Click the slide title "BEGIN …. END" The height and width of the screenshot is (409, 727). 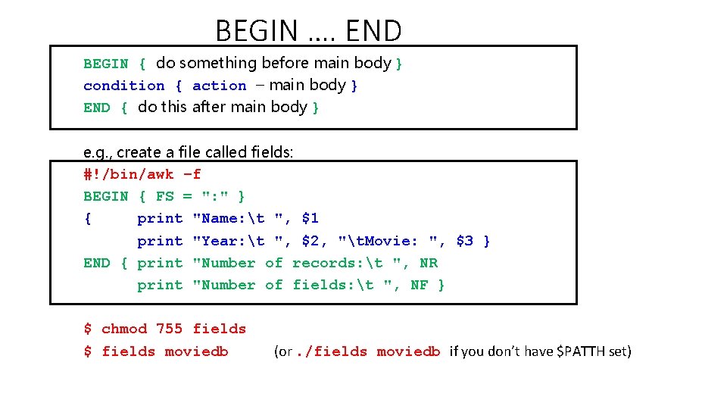point(308,30)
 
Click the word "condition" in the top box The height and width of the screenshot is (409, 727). point(123,86)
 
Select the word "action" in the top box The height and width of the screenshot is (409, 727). point(220,86)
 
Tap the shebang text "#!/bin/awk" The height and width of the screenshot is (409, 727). point(128,174)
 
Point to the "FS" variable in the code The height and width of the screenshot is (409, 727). point(164,196)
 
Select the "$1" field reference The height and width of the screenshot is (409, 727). point(310,219)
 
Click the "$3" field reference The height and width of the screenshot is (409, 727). point(464,241)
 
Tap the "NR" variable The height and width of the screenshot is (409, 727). point(429,263)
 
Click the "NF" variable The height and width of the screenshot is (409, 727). point(419,285)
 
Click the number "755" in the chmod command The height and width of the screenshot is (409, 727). point(169,329)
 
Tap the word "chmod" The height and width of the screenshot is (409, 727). point(123,329)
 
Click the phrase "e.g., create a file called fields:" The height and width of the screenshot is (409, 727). point(188,152)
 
